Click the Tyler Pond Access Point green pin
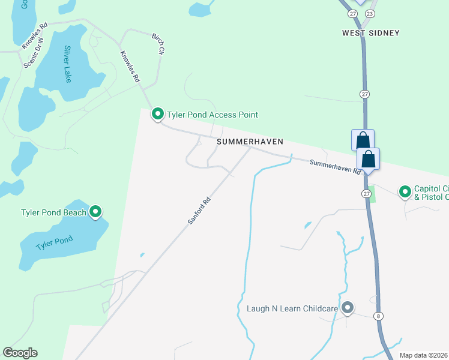coord(158,113)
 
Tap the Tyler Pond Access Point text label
coord(213,115)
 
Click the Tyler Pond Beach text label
coord(53,212)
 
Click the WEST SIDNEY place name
coord(370,33)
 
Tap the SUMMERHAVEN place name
coord(249,142)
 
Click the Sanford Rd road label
coord(199,212)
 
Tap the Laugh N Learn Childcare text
coord(292,309)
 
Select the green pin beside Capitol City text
coord(405,191)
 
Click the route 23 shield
coord(370,13)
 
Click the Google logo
coord(20,353)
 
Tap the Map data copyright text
coord(424,355)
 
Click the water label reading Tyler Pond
coord(54,242)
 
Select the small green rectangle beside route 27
coord(371,194)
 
